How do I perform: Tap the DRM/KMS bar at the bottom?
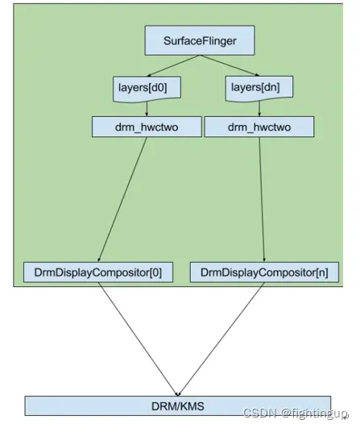[x=177, y=405]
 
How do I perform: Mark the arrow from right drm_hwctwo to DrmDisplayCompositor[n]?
[x=261, y=197]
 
